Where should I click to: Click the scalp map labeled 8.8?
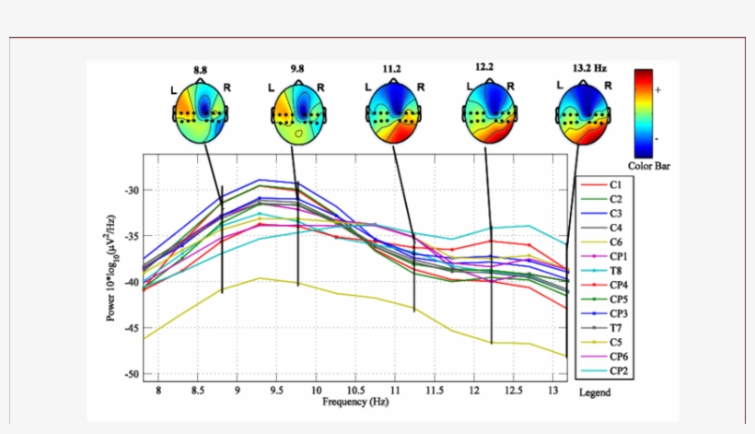200,111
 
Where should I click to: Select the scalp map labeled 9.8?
297,111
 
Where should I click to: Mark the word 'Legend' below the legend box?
594,393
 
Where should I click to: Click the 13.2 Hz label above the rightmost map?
588,67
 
